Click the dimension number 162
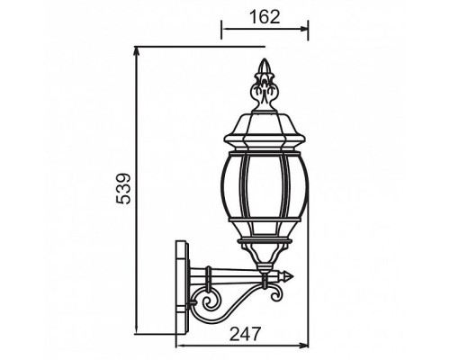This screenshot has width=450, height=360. [x=265, y=17]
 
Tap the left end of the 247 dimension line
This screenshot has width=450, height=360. [x=175, y=346]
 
